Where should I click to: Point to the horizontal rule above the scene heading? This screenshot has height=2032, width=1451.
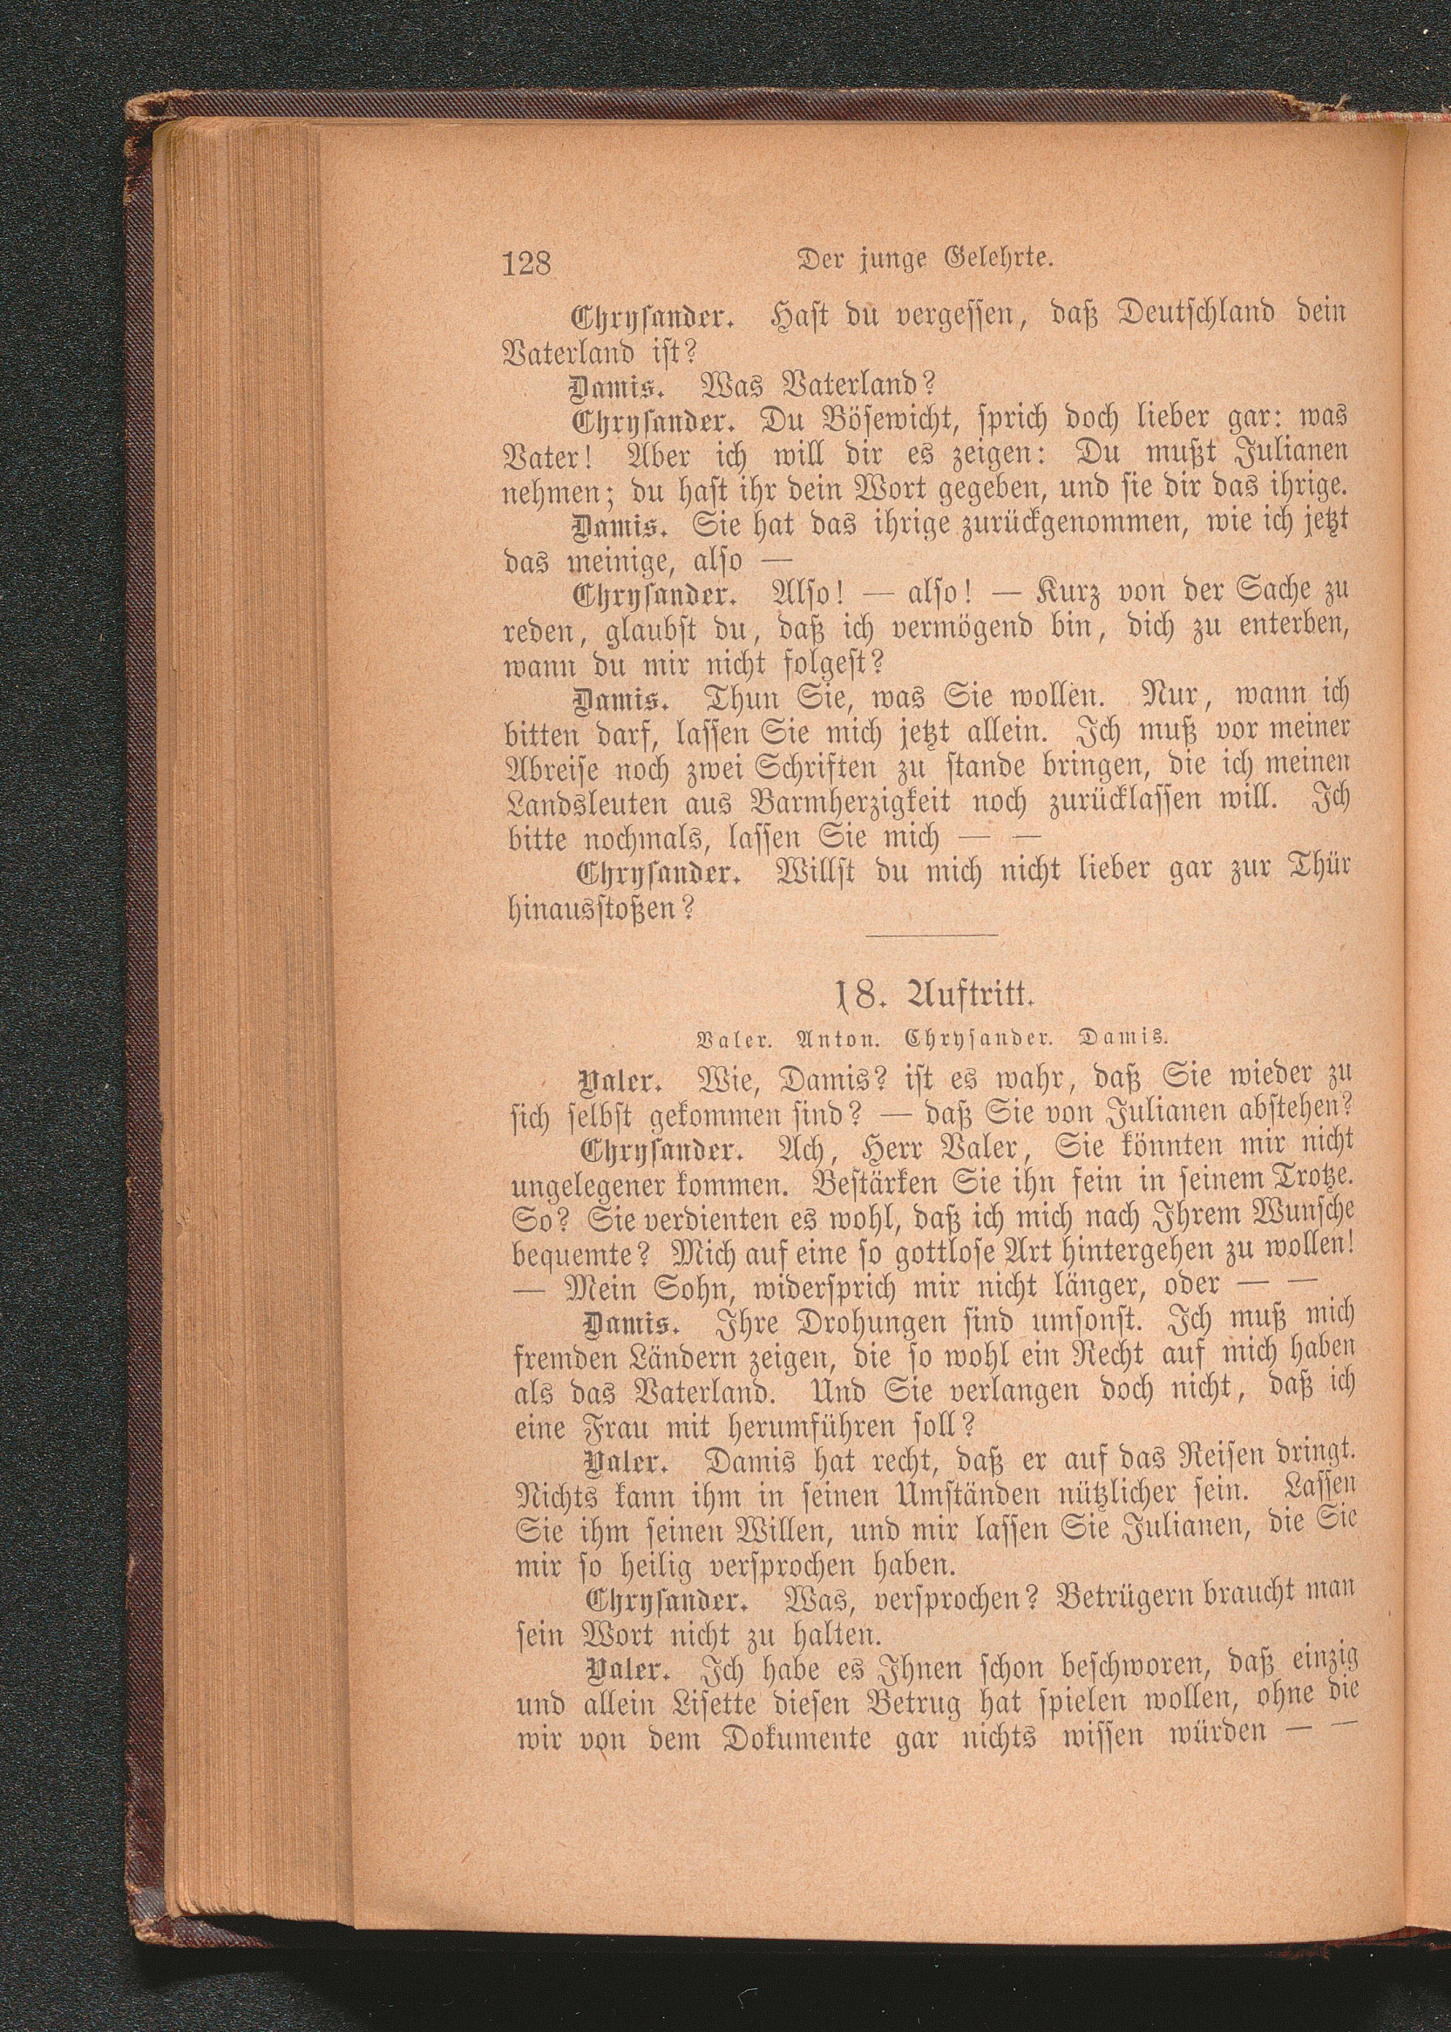[932, 935]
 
